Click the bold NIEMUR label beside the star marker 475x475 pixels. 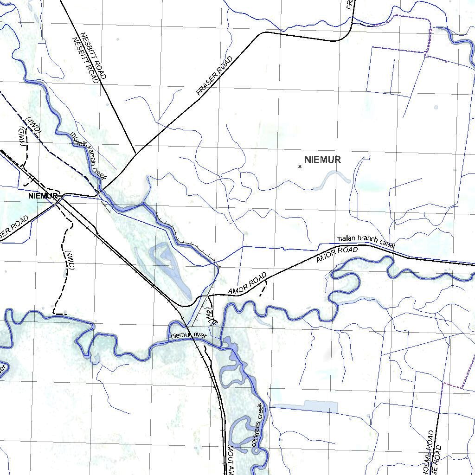click(x=323, y=160)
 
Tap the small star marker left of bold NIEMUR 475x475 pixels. click(x=300, y=167)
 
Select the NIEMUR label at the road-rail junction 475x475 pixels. click(x=42, y=196)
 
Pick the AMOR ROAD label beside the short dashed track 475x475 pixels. click(x=247, y=283)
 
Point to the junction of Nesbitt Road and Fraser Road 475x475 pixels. click(x=135, y=154)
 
